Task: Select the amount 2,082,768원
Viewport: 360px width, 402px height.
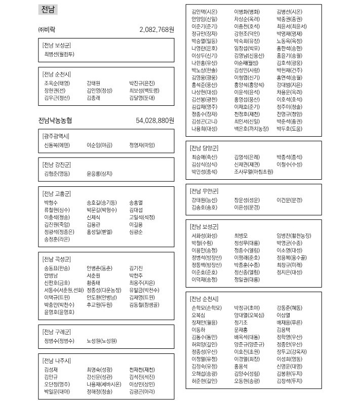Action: pos(156,30)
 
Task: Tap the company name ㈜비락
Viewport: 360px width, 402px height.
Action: pos(47,30)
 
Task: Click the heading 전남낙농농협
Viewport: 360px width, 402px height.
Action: pos(55,120)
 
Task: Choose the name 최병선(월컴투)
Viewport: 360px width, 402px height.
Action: pos(59,54)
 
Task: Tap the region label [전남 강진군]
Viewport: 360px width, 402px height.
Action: pos(57,165)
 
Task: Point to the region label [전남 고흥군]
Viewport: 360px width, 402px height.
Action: pos(57,193)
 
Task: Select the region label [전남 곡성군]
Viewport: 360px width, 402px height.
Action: pos(57,259)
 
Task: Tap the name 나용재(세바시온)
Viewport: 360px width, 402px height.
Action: pos(104,384)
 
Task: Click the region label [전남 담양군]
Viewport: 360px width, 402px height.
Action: pos(204,148)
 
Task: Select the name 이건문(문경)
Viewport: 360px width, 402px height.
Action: pos(289,200)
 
